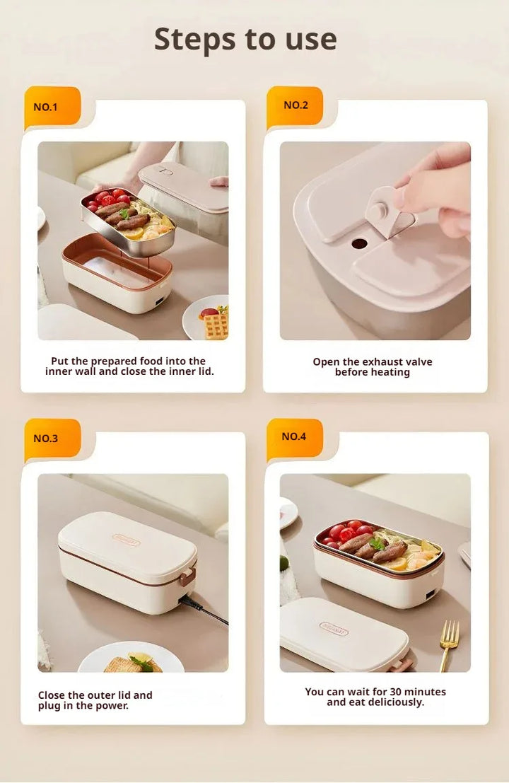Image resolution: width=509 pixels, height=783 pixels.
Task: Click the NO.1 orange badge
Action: (x=52, y=108)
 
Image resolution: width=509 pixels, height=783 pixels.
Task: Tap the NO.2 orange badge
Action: (x=295, y=106)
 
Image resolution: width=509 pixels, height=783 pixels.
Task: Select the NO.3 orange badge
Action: (x=52, y=439)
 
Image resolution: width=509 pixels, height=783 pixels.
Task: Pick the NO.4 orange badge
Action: (x=295, y=437)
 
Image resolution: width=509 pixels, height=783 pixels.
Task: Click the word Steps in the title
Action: (x=194, y=40)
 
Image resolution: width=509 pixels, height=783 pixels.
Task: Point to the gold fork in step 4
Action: (x=449, y=644)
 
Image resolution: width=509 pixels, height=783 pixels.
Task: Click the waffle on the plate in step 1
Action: (x=216, y=324)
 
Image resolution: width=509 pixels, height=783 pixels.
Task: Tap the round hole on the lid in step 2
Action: (x=359, y=244)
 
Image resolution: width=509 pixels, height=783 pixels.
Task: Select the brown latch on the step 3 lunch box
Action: (x=188, y=575)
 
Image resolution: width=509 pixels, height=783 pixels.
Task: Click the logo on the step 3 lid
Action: (x=127, y=539)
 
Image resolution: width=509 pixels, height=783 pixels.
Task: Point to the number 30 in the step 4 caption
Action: (x=396, y=692)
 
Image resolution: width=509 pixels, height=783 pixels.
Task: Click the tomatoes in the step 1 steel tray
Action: (x=107, y=199)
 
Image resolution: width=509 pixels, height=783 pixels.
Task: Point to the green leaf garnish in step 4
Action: (x=378, y=543)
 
